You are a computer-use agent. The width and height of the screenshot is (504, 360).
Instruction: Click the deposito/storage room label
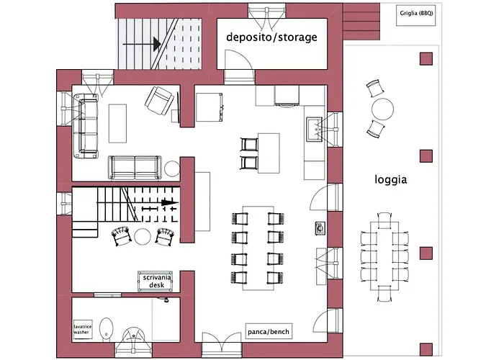(x=271, y=37)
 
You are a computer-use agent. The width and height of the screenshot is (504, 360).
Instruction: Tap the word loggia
(x=391, y=179)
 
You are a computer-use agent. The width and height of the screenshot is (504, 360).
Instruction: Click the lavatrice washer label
(x=84, y=330)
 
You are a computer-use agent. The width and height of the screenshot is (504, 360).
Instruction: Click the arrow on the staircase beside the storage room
(x=141, y=45)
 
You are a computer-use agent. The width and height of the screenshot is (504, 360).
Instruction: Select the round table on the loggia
(x=382, y=109)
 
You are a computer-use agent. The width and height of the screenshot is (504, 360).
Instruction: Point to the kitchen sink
(x=315, y=130)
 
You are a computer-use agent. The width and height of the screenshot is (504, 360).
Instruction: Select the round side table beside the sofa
(x=171, y=168)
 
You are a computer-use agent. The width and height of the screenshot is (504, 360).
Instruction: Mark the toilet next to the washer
(x=106, y=330)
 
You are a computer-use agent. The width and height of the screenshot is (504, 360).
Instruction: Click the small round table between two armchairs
(x=143, y=236)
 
